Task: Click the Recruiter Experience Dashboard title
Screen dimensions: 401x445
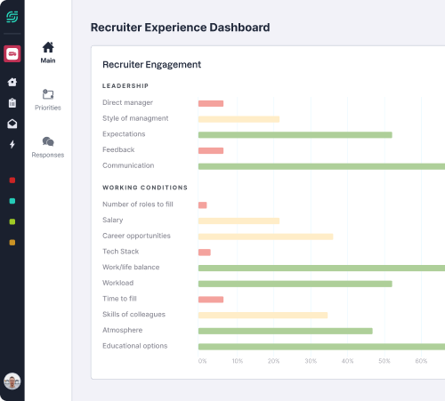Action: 181,28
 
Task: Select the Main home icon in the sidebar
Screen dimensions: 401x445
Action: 48,48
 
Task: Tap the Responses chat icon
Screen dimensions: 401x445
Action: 48,141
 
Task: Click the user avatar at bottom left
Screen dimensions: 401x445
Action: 12,381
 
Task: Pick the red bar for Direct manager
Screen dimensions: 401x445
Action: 211,103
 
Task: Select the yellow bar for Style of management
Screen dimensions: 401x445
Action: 239,119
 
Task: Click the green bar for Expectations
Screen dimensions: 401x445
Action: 295,134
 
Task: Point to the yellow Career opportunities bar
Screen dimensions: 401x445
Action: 265,237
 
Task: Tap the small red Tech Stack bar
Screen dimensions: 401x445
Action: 204,253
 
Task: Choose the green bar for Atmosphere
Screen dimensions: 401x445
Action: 285,331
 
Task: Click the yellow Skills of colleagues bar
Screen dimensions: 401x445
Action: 263,315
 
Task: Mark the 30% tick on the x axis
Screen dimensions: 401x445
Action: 311,361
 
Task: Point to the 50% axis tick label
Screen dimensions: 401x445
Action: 384,361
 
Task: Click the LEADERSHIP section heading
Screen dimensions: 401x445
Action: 125,86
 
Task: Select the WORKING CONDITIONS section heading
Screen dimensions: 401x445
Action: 145,188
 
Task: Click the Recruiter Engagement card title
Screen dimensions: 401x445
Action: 151,65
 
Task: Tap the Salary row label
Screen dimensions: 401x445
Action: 113,221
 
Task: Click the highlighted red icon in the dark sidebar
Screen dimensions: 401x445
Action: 12,54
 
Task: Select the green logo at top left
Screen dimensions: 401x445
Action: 12,17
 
